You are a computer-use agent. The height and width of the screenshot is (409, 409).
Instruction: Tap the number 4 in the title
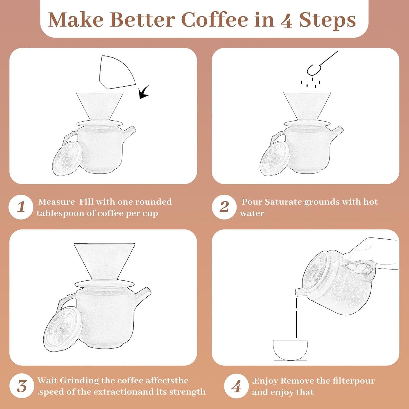(x=286, y=21)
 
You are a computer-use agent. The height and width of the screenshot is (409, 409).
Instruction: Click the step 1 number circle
(x=21, y=207)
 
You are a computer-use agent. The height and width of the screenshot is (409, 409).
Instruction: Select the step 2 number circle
(x=224, y=207)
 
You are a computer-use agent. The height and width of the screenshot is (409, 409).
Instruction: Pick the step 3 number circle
(x=22, y=386)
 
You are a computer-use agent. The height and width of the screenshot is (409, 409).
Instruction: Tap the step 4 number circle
(x=236, y=386)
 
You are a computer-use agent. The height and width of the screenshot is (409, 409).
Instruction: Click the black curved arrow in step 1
(x=144, y=92)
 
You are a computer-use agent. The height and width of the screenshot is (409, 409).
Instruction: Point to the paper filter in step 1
(x=116, y=72)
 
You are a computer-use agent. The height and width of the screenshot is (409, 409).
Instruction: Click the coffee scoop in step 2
(x=320, y=64)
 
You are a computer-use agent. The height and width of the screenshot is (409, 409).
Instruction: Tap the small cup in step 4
(x=290, y=350)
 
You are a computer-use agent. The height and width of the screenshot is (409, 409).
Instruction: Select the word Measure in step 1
(x=57, y=202)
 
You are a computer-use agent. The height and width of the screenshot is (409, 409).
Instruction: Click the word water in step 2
(x=252, y=213)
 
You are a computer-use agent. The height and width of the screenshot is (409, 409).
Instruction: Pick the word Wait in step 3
(x=48, y=380)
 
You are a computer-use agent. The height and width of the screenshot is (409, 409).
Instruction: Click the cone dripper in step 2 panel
(x=307, y=105)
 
